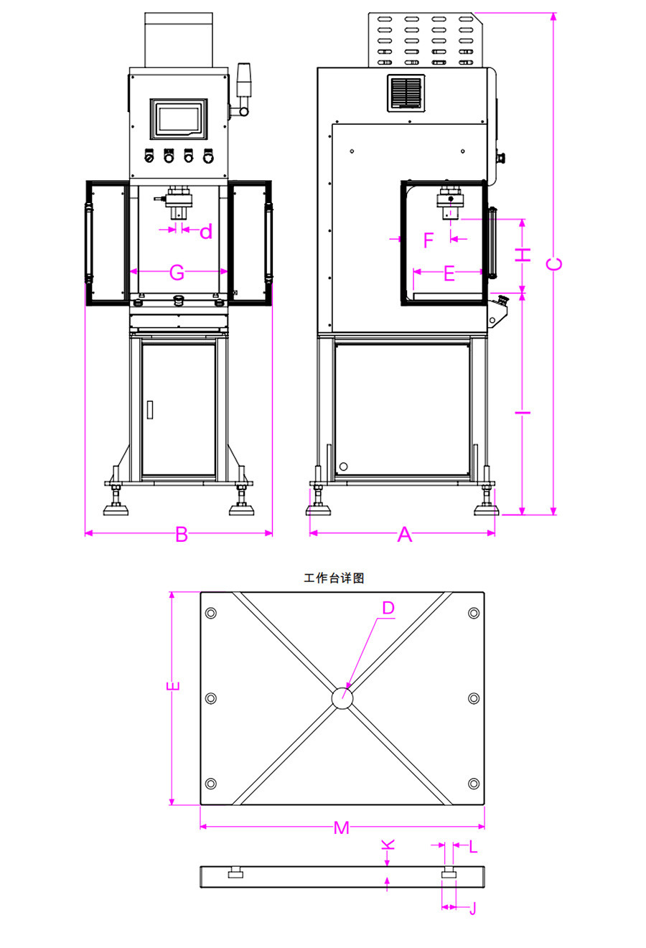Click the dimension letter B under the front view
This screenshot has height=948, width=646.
(x=182, y=534)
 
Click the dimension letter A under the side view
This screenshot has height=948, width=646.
(x=405, y=534)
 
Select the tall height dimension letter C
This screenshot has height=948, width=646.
(x=554, y=263)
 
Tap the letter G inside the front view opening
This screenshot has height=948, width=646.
(x=177, y=272)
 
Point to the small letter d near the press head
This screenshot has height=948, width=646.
(x=206, y=231)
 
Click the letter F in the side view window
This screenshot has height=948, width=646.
(x=429, y=240)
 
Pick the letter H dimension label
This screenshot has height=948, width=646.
(x=525, y=254)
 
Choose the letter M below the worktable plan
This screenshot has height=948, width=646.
(x=342, y=827)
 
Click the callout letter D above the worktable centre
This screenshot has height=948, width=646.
(x=388, y=608)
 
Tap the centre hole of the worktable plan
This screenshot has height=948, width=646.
(x=342, y=698)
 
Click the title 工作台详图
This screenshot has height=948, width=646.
(x=334, y=578)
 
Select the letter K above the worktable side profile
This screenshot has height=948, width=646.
(x=388, y=844)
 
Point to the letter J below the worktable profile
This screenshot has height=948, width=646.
(x=472, y=908)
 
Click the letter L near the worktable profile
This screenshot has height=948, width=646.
(x=473, y=846)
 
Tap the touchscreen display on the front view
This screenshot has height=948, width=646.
(x=178, y=118)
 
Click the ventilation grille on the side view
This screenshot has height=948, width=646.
(x=406, y=93)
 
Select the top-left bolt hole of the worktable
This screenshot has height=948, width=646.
(x=211, y=614)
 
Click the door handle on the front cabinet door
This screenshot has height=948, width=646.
(x=150, y=409)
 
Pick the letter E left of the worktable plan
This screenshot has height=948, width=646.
(x=173, y=686)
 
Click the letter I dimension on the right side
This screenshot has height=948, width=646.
(x=525, y=412)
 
